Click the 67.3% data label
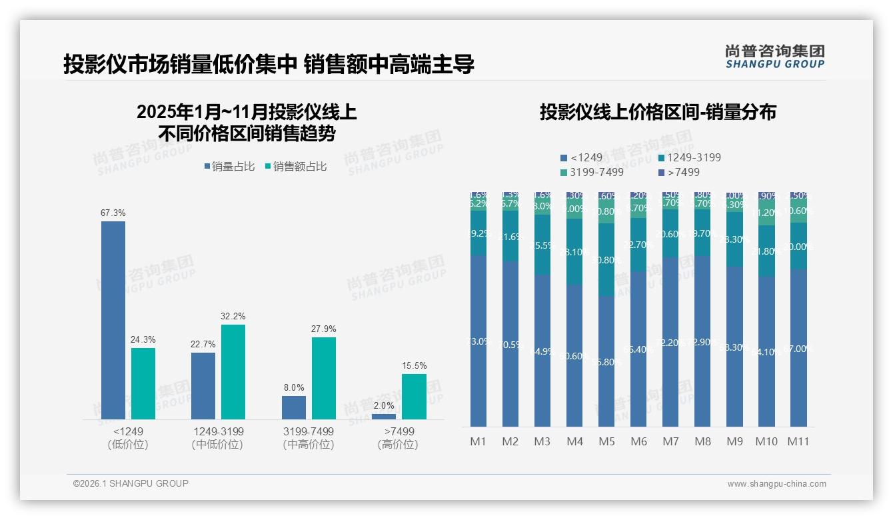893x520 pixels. coord(113,213)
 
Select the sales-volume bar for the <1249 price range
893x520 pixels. coord(113,320)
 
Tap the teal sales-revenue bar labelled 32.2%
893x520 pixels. coord(233,371)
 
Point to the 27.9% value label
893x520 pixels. coord(323,329)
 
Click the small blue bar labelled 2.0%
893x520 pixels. coord(384,417)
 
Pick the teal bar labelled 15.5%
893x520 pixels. coord(414,396)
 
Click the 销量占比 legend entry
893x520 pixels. coord(229,167)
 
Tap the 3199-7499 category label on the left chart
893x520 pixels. coord(309,431)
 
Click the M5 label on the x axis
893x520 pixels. coord(606,441)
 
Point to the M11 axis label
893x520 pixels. coord(798,441)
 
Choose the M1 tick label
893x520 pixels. coord(478,441)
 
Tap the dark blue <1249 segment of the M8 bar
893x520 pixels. coord(702,341)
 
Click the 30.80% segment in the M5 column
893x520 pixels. coord(606,260)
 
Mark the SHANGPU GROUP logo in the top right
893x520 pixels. coord(774,57)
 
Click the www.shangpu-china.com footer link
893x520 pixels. coord(776,483)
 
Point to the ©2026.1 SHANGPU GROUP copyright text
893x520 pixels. coord(131,483)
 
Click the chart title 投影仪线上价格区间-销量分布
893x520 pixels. coord(658,112)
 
